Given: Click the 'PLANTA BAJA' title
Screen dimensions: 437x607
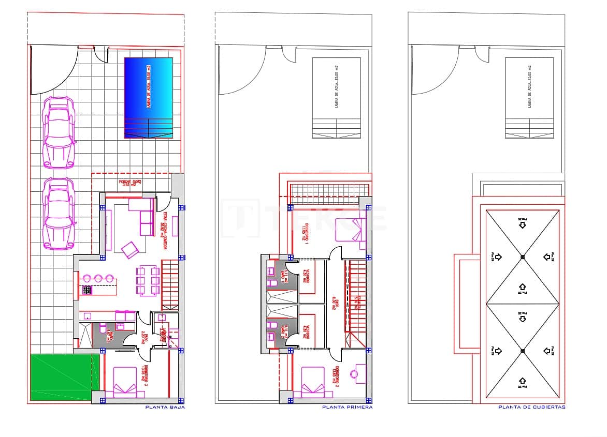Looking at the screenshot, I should [165, 407].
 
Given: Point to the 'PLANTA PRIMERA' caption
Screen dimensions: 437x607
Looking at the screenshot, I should [347, 407].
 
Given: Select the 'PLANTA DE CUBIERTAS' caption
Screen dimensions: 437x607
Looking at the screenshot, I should [532, 407].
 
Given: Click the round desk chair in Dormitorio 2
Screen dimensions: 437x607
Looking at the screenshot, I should [354, 373].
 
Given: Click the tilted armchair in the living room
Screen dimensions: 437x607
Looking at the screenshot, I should [130, 250].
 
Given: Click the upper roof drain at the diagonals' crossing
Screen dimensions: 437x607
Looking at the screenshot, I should [522, 257].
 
